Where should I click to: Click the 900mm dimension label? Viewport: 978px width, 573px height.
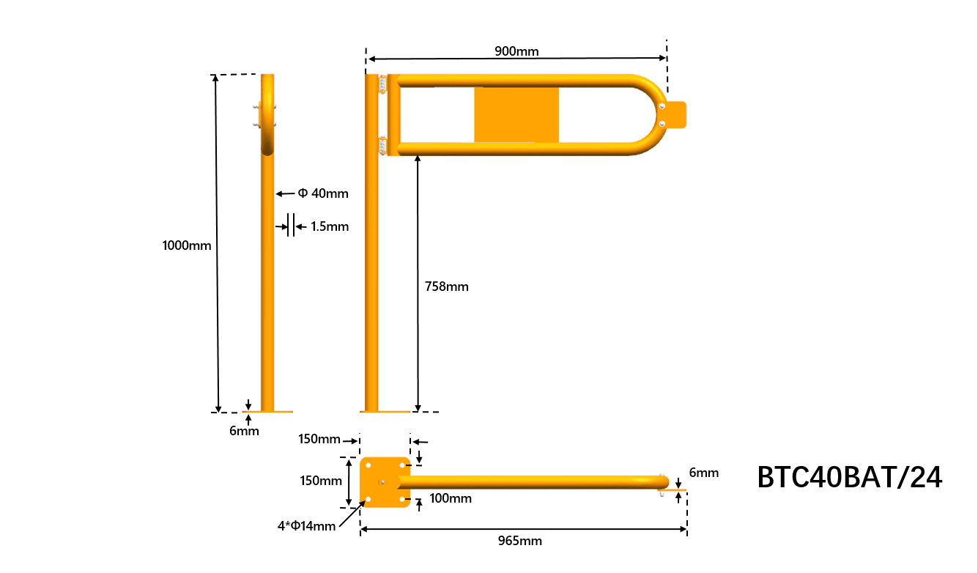[x=516, y=51]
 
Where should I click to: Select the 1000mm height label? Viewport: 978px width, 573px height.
[x=187, y=245]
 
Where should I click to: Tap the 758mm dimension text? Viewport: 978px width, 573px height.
[x=446, y=286]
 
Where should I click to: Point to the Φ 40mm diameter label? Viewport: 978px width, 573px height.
[x=323, y=193]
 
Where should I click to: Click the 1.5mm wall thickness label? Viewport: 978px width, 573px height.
[x=330, y=226]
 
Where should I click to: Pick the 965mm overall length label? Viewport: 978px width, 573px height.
[x=520, y=541]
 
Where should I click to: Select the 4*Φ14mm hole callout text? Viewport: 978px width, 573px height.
[x=306, y=525]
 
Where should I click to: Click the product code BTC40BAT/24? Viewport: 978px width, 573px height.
[x=850, y=478]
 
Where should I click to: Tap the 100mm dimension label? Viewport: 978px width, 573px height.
[x=450, y=498]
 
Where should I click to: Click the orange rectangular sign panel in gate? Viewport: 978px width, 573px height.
[x=516, y=115]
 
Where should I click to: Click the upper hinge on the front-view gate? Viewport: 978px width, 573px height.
[x=382, y=83]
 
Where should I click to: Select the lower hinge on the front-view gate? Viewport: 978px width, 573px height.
[x=382, y=146]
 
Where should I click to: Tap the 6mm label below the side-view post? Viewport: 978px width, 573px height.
[x=244, y=431]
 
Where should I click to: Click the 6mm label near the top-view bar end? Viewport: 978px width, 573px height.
[x=703, y=473]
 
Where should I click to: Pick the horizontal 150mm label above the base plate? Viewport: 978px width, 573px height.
[x=319, y=439]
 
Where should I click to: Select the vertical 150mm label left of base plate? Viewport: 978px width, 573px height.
[x=321, y=481]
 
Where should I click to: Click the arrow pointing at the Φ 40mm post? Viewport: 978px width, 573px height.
[x=285, y=194]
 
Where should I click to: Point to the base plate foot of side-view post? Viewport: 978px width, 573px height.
[x=267, y=412]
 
